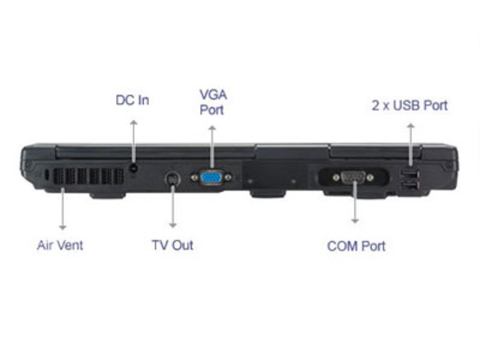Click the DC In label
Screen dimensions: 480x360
(x=133, y=101)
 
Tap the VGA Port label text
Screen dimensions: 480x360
(x=213, y=102)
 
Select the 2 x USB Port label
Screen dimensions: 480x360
(x=409, y=105)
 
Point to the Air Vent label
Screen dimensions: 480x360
(x=60, y=245)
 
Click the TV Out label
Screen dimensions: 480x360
(x=173, y=245)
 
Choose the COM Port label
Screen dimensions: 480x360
(x=357, y=246)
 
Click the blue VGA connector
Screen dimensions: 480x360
(x=212, y=178)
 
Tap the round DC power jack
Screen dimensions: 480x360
(x=133, y=167)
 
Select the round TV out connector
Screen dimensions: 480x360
(x=173, y=180)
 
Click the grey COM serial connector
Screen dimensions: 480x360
(x=353, y=177)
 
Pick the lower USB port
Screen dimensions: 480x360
(x=409, y=185)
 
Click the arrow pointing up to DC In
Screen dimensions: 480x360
(x=133, y=142)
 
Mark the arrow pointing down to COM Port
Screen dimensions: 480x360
(x=355, y=202)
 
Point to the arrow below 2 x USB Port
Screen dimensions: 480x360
(x=411, y=145)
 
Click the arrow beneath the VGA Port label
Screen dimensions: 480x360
(x=212, y=147)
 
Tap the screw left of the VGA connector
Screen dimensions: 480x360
(x=194, y=178)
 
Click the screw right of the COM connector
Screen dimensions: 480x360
(x=370, y=177)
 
